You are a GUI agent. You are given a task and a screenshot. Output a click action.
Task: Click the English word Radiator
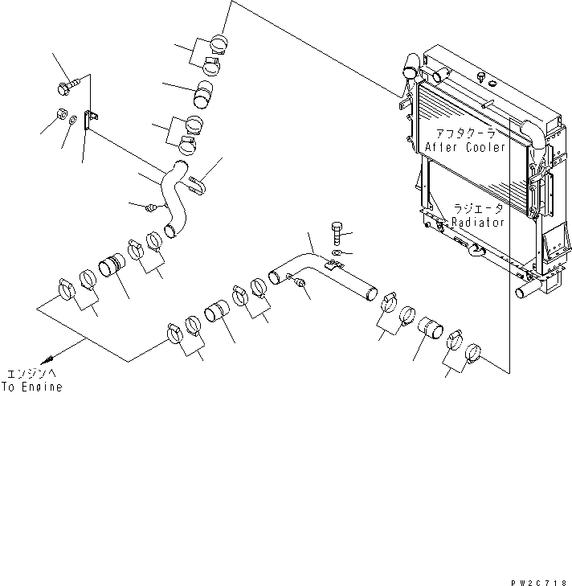(477, 223)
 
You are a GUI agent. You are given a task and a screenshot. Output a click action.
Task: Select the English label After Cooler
(467, 148)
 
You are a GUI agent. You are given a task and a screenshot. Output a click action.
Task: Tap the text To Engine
(31, 387)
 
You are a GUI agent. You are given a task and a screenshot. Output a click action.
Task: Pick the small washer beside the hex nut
(74, 121)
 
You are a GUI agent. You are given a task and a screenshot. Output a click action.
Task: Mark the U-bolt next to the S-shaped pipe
(198, 186)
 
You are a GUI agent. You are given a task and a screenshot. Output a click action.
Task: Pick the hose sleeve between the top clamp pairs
(202, 96)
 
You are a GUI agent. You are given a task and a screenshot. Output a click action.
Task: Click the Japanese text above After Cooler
(466, 133)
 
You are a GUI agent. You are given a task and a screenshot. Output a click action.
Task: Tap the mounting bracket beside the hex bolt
(90, 119)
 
